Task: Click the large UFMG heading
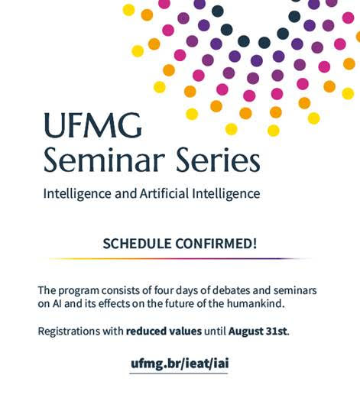pos(93,125)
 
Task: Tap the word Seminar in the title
pos(104,160)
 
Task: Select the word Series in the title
pos(218,160)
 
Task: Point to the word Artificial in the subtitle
pos(164,193)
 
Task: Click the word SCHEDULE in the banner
pos(137,244)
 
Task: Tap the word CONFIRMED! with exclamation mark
pos(216,244)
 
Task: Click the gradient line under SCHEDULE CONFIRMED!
pos(180,259)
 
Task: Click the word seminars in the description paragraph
pos(295,290)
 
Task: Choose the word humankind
pos(256,304)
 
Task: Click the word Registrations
pos(69,331)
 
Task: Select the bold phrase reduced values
pos(164,331)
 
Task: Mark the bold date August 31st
pos(258,331)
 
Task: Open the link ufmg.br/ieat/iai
pos(180,364)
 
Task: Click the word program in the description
pos(79,291)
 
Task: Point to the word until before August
pos(215,331)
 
